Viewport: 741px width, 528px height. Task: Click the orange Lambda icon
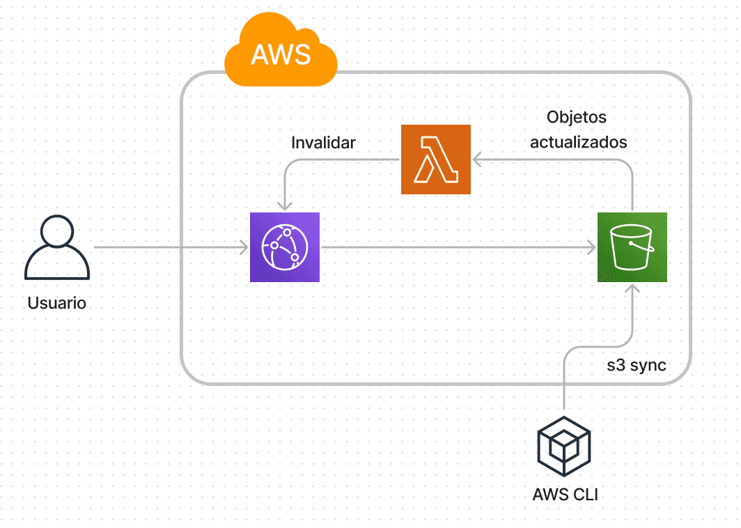click(x=436, y=160)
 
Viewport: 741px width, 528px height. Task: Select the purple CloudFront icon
click(x=284, y=247)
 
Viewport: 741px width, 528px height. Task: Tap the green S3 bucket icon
click(x=632, y=247)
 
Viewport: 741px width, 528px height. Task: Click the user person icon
click(x=57, y=248)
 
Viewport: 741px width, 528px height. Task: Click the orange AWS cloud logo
click(x=281, y=52)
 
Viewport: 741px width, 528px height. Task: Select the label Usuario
click(x=57, y=304)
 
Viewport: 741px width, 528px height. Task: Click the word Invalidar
click(x=323, y=143)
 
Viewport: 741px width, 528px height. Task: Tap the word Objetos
click(x=577, y=117)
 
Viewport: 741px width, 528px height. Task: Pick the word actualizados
click(x=579, y=142)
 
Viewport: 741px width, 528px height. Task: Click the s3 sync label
click(x=637, y=365)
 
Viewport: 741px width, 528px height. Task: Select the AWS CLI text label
click(x=565, y=495)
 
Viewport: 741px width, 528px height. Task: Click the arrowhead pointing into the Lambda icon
click(x=477, y=160)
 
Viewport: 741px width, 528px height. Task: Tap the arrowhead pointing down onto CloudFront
click(x=284, y=207)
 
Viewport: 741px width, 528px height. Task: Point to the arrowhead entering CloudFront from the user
click(x=244, y=247)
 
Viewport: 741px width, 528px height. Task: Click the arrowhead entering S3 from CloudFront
click(x=591, y=247)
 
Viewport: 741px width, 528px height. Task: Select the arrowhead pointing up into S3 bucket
click(x=632, y=288)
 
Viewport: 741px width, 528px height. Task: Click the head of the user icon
click(x=57, y=231)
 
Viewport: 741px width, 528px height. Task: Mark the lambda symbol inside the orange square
click(x=436, y=160)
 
